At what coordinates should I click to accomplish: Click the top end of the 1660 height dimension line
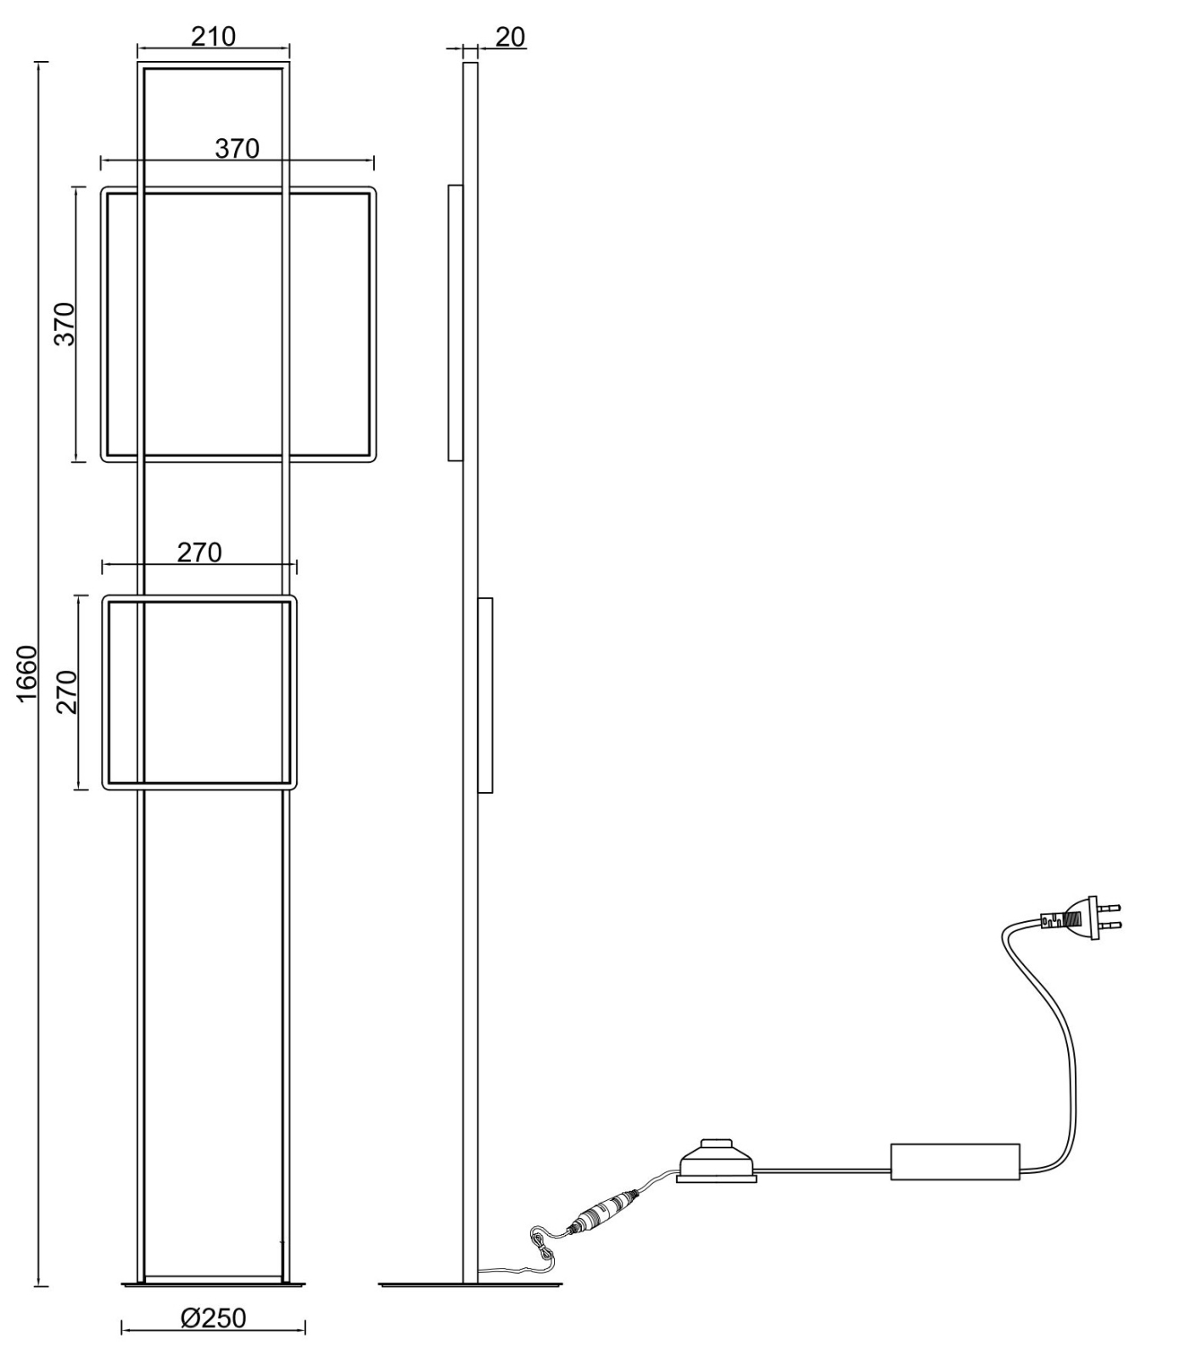pos(37,62)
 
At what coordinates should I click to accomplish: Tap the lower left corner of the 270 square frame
pos(104,788)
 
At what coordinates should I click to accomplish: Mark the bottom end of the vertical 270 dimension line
pos(79,790)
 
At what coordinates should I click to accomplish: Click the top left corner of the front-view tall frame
pos(138,63)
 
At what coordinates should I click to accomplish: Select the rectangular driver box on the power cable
pos(955,1161)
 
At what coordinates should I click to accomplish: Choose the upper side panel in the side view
pos(456,322)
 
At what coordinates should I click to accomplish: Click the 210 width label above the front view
pos(213,37)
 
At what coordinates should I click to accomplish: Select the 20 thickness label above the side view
pos(509,37)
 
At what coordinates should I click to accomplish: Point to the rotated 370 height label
pos(64,323)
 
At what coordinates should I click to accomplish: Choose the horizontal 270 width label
pos(199,553)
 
